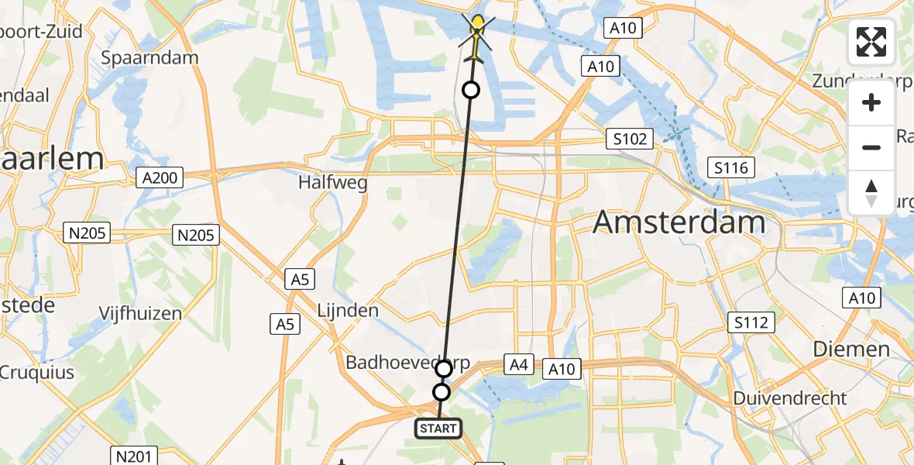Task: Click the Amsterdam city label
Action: pyautogui.click(x=679, y=222)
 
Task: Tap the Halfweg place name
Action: pyautogui.click(x=332, y=184)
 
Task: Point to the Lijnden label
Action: pyautogui.click(x=348, y=311)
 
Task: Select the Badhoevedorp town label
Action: pyautogui.click(x=407, y=363)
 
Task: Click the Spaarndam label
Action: pyautogui.click(x=150, y=57)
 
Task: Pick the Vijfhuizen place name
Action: pyautogui.click(x=140, y=313)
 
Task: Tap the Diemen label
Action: pyautogui.click(x=850, y=349)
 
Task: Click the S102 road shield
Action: pyautogui.click(x=629, y=139)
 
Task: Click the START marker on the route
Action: pyautogui.click(x=438, y=428)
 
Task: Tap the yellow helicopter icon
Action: pyautogui.click(x=477, y=34)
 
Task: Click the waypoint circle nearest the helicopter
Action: pyautogui.click(x=470, y=91)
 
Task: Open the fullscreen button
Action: pyautogui.click(x=871, y=42)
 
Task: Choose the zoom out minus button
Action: pyautogui.click(x=871, y=147)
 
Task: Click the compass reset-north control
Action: pyautogui.click(x=871, y=192)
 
